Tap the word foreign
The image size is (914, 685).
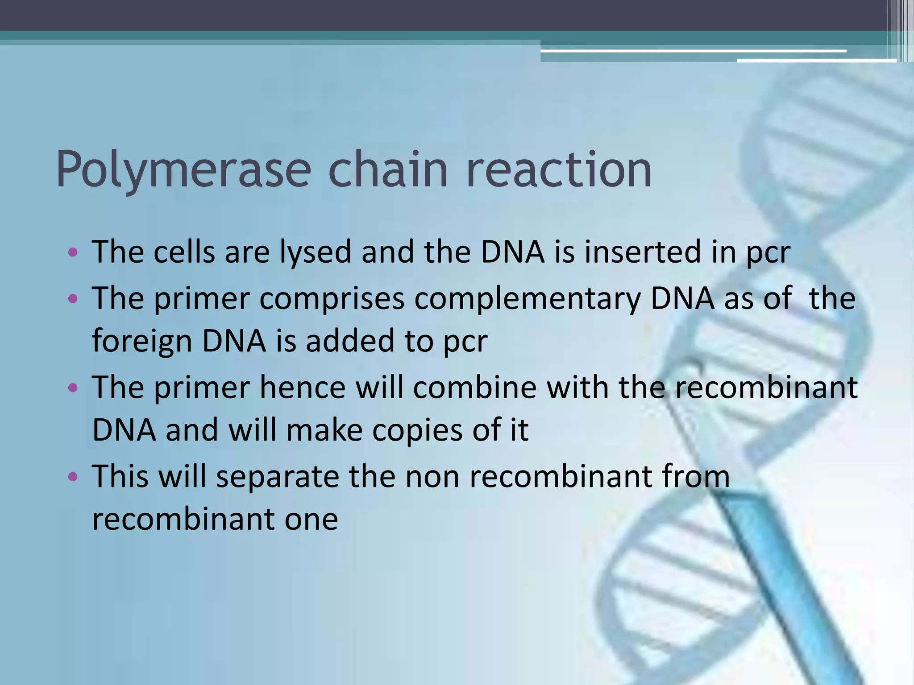(141, 342)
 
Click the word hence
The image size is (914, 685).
(303, 387)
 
